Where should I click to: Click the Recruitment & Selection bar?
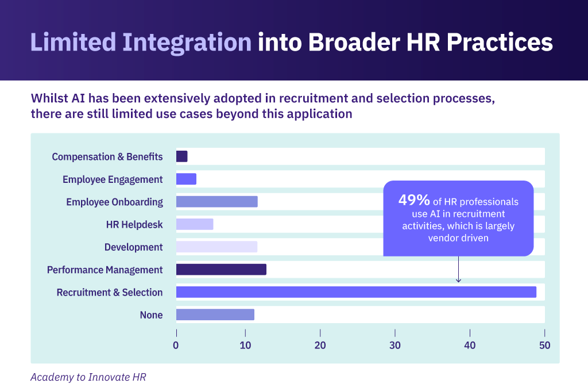coord(356,292)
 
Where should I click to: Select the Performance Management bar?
coord(221,270)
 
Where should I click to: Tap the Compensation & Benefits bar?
coord(181,156)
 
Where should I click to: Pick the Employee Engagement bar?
coord(186,179)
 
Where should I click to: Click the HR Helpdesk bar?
coord(195,224)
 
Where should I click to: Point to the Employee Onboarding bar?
coord(216,202)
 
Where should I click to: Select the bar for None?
coord(215,315)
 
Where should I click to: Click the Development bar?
coord(216,247)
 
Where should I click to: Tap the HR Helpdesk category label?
coord(134,225)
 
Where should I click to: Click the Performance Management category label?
coord(105,270)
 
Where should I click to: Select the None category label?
coord(152,315)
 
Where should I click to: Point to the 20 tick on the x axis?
coord(320,333)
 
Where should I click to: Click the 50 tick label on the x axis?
coord(544,346)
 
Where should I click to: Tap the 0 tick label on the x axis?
coord(176,346)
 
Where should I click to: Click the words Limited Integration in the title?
coord(141,43)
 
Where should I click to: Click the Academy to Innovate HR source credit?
coord(88,377)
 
